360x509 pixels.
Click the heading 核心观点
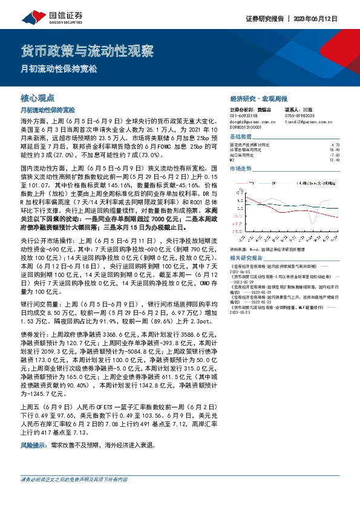coord(37,97)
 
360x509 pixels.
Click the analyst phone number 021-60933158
coord(243,115)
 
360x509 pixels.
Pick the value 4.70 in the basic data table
coord(336,145)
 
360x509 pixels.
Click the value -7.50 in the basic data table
coord(336,155)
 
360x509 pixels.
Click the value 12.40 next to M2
coord(336,160)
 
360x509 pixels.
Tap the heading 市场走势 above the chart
coord(240,169)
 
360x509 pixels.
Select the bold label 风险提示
coord(34,444)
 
